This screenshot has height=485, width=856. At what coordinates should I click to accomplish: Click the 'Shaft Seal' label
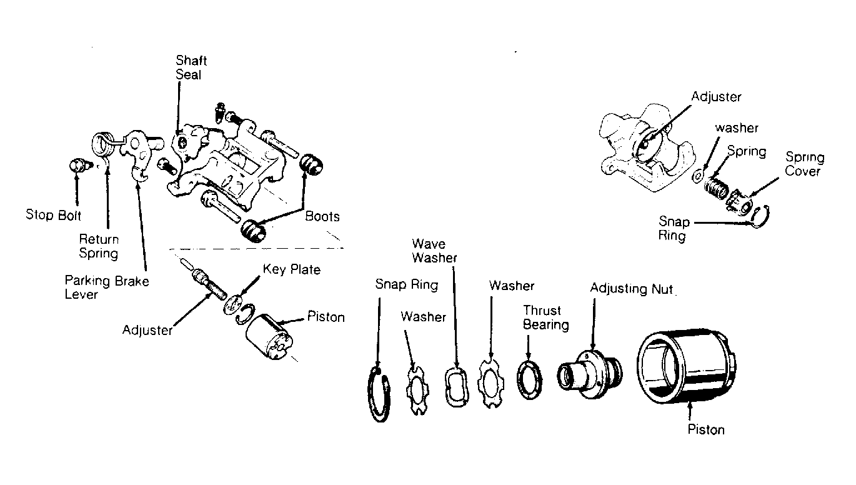pos(191,67)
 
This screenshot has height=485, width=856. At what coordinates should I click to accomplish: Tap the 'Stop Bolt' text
pos(53,215)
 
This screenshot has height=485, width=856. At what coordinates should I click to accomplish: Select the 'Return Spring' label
pos(99,246)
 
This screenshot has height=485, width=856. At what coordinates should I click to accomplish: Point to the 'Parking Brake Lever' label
pos(107,287)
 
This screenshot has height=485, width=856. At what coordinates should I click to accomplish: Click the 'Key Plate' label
pos(292,269)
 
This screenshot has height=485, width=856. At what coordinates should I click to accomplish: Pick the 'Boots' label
pos(322,216)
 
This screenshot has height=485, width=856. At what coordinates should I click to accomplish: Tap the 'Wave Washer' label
pos(434,251)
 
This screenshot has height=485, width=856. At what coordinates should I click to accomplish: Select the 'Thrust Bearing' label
pos(545,317)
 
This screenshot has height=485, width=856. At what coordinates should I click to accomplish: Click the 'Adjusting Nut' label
pos(631,289)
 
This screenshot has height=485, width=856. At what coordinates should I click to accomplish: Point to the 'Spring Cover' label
pos(804,164)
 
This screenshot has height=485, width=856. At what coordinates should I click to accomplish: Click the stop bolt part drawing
pos(80,166)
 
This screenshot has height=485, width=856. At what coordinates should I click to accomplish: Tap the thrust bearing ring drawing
pos(529,379)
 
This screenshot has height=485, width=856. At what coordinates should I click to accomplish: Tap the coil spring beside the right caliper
pos(716,187)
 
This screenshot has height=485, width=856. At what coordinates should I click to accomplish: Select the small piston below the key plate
pos(269,337)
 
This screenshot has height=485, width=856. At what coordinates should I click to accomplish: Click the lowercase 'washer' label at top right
pos(737,127)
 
